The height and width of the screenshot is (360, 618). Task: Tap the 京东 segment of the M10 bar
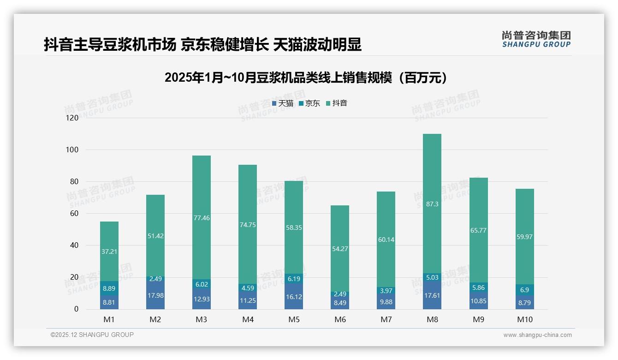click(524, 290)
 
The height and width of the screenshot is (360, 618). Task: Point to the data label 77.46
click(202, 218)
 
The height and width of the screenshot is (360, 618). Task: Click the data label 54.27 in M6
click(340, 249)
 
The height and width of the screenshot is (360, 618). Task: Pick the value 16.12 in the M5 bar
click(294, 297)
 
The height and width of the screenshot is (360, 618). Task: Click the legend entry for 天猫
click(283, 103)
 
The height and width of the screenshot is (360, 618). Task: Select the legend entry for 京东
click(309, 103)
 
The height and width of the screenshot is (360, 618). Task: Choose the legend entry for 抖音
click(337, 103)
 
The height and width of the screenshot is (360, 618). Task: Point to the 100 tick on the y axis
click(73, 150)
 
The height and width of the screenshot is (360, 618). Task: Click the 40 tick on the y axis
click(74, 246)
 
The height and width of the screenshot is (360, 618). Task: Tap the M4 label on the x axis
click(248, 319)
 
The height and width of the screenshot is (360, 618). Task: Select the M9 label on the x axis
click(478, 319)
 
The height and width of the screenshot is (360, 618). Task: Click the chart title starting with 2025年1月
click(306, 78)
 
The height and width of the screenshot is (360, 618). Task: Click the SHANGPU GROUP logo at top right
click(536, 39)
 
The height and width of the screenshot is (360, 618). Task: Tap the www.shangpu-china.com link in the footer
click(537, 335)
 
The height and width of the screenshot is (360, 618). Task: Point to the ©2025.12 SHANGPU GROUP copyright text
click(92, 335)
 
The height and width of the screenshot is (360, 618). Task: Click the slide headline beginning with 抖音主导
click(202, 45)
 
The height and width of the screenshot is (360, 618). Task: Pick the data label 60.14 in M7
click(386, 240)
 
